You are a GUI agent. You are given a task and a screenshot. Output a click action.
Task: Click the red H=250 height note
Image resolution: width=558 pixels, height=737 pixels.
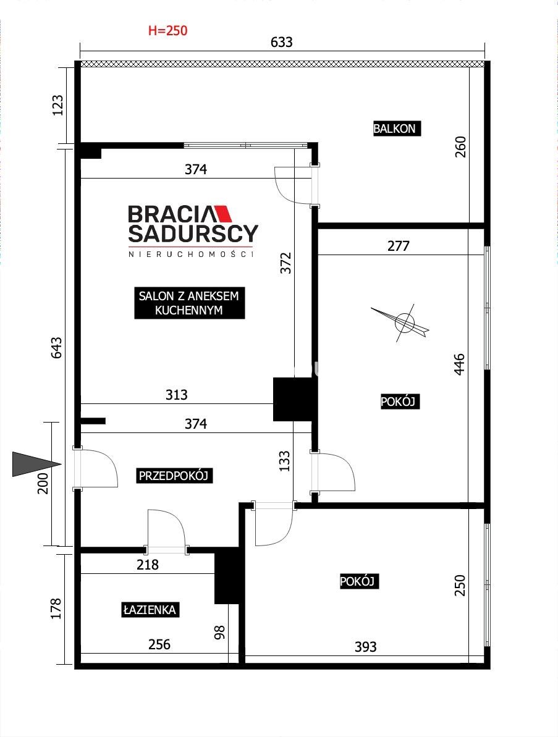pyautogui.click(x=168, y=30)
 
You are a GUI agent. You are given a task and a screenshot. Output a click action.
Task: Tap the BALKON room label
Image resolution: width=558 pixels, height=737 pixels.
pyautogui.click(x=394, y=128)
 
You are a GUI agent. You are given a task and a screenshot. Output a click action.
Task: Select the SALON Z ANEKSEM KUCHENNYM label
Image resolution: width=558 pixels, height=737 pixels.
pyautogui.click(x=190, y=303)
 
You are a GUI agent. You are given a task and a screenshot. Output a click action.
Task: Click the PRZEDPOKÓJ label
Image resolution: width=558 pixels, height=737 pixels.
pyautogui.click(x=174, y=476)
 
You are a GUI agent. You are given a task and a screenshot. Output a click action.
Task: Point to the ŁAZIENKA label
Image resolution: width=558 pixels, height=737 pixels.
pyautogui.click(x=150, y=610)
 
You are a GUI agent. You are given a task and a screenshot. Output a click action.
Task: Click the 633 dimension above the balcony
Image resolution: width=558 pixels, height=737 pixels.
pyautogui.click(x=282, y=42)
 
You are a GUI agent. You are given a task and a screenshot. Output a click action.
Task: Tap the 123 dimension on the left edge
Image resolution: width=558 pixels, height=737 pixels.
pyautogui.click(x=57, y=106)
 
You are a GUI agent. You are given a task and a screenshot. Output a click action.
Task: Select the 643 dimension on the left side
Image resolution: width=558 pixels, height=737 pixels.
pyautogui.click(x=56, y=348)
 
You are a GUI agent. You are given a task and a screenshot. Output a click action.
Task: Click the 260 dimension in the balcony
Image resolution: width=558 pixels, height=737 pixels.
pyautogui.click(x=460, y=146)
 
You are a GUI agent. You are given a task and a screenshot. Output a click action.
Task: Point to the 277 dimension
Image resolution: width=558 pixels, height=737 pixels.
pyautogui.click(x=398, y=245)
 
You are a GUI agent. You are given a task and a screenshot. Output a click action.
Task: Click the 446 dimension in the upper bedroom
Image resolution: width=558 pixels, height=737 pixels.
pyautogui.click(x=459, y=364)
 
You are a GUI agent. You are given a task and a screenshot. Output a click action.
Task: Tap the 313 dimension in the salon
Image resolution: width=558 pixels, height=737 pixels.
pyautogui.click(x=176, y=394)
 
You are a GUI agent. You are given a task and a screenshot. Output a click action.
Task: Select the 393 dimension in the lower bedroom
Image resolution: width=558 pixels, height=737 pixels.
pyautogui.click(x=365, y=647)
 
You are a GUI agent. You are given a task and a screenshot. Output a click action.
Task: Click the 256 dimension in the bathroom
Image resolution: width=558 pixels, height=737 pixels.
pyautogui.click(x=159, y=644)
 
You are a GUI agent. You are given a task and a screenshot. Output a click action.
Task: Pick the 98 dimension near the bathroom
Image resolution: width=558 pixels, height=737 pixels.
pyautogui.click(x=219, y=632)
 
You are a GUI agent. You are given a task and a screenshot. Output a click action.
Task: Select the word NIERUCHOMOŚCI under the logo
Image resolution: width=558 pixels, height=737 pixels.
pyautogui.click(x=191, y=255)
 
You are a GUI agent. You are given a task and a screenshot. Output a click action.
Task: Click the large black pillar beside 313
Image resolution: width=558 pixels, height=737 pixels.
pyautogui.click(x=293, y=399)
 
